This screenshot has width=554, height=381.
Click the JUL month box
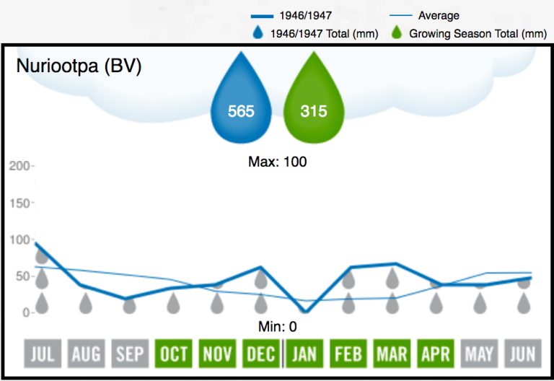(x=42, y=354)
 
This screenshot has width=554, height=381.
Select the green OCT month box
(x=173, y=354)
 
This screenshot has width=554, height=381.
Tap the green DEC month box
(x=260, y=354)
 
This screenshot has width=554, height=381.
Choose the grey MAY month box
(x=479, y=354)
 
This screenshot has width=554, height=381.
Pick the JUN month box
(x=522, y=354)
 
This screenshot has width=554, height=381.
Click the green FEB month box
(x=348, y=354)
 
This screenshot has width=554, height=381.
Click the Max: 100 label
(x=278, y=162)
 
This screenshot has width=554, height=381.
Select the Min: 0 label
(x=278, y=326)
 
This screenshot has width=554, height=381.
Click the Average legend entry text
(x=439, y=15)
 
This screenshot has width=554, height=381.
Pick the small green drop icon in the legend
(x=396, y=33)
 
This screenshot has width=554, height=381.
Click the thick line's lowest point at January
(x=304, y=312)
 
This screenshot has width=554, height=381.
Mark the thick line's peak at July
(x=36, y=244)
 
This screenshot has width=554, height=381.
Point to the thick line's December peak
(x=260, y=268)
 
